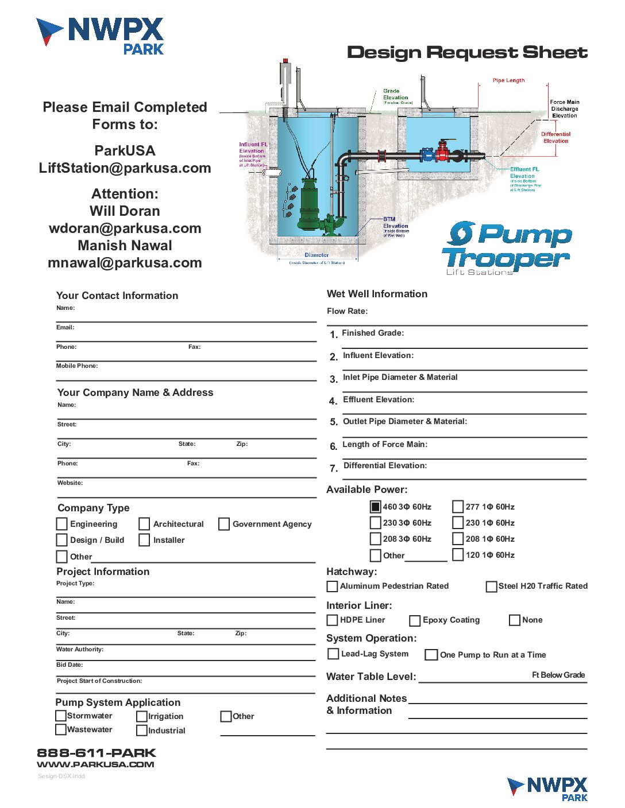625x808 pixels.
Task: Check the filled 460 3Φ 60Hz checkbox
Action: (x=375, y=507)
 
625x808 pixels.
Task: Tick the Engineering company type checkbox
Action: (x=61, y=524)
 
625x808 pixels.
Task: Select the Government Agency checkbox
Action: (x=224, y=524)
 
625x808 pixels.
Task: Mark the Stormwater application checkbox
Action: (x=60, y=716)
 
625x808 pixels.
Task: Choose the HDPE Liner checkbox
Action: (x=332, y=620)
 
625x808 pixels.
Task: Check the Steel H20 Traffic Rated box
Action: (x=491, y=586)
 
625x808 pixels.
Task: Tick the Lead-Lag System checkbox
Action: (x=333, y=654)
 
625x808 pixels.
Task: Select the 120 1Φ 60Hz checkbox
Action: (x=458, y=555)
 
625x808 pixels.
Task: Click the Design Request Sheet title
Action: (x=467, y=53)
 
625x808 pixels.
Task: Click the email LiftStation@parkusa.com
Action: (x=125, y=168)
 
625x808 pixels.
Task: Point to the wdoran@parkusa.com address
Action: (x=125, y=228)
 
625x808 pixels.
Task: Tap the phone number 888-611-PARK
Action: (x=97, y=753)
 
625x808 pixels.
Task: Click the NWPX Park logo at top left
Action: (x=100, y=36)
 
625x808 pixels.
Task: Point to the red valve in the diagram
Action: (x=442, y=153)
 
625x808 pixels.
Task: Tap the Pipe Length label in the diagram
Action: (x=508, y=80)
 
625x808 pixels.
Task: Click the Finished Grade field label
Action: (x=373, y=333)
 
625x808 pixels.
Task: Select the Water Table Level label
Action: (x=371, y=677)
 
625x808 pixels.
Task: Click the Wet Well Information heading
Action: (x=377, y=294)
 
